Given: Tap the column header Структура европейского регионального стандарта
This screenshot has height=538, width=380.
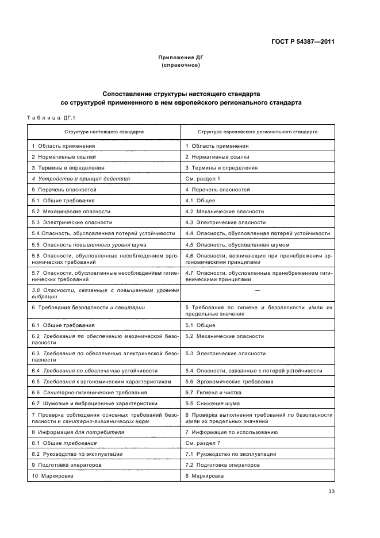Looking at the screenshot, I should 257,132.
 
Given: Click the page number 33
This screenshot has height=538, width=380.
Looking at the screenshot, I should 331,491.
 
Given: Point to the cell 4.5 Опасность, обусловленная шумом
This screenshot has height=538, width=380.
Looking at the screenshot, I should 229,244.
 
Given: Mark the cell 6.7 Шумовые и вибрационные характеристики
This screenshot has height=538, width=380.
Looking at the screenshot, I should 87,403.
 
